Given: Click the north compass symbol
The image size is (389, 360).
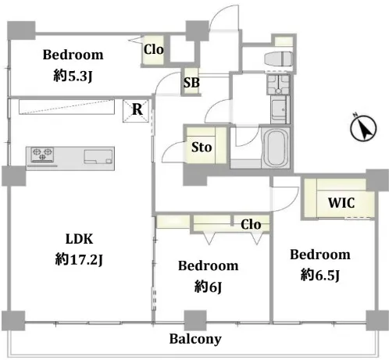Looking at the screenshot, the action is tap(363, 127).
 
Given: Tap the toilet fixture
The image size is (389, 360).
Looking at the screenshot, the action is tap(278, 59).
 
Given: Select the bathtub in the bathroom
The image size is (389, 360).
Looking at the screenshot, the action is tap(276, 148).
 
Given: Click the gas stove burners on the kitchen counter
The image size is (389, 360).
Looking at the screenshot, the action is tap(42, 155).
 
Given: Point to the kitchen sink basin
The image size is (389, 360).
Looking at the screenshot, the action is tap(98, 157).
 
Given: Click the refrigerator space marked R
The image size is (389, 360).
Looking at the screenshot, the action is tap(136, 111).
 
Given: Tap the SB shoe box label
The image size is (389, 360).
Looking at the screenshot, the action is tap(191, 83).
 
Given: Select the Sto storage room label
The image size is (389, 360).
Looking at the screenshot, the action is tap(202, 147).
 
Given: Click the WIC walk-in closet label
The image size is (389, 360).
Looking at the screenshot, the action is tap(341, 202).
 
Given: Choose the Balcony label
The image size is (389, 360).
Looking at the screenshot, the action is tap(195, 339).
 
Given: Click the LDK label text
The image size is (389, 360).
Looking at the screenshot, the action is tap(79, 239).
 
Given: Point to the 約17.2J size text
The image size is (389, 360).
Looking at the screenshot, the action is tap(79, 259).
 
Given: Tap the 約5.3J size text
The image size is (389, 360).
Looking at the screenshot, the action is tap(73, 76).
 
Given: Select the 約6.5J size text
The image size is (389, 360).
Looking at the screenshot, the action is tap(320, 275).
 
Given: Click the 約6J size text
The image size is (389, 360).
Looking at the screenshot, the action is tap(208, 287).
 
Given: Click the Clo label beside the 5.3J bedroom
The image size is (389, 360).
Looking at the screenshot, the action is tap(154, 49).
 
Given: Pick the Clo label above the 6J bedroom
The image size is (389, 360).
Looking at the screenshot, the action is tap(251, 224).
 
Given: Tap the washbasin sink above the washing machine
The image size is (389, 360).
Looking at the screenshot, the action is tap(278, 84).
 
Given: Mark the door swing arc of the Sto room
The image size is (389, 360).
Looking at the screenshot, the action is tap(170, 150).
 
